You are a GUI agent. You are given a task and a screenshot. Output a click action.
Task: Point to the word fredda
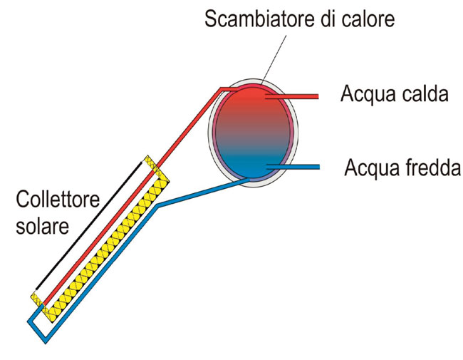click(x=430, y=168)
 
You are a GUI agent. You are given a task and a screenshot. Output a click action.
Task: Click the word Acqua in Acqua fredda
click(x=371, y=169)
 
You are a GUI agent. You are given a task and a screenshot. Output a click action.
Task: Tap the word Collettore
click(x=58, y=199)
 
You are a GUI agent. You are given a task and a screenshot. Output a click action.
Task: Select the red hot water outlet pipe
click(x=292, y=96)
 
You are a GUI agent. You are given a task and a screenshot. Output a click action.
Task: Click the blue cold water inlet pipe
click(x=293, y=167)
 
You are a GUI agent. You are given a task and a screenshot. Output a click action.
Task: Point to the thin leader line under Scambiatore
click(x=274, y=60)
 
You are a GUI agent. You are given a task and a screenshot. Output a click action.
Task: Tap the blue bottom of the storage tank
click(x=254, y=167)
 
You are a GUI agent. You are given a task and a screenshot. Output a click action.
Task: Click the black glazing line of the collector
click(x=88, y=225)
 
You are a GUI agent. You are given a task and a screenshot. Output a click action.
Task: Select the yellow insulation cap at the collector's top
click(x=156, y=168)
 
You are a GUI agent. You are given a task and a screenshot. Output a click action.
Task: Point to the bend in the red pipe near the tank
click(x=221, y=88)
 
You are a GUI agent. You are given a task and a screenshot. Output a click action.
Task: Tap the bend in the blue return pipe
click(x=158, y=205)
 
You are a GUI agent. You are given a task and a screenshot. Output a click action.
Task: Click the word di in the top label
click(x=328, y=19)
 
